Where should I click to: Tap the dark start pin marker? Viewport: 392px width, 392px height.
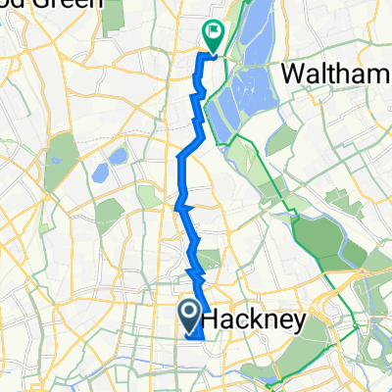point(189,314)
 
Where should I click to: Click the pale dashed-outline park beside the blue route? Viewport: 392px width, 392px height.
point(150,196)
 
